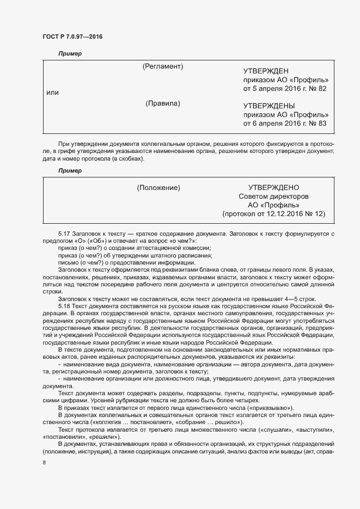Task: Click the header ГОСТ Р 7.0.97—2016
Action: (72, 37)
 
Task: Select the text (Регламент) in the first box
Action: (162, 66)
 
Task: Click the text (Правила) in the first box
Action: (163, 103)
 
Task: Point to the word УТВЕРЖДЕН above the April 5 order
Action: (266, 71)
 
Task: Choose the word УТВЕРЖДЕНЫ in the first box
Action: (269, 106)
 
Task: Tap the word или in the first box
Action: (52, 93)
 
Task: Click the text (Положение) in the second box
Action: (158, 188)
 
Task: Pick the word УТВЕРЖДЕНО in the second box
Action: (273, 188)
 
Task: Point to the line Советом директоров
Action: (273, 197)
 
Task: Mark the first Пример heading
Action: (70, 53)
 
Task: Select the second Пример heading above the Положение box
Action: (70, 170)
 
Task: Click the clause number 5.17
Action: (65, 233)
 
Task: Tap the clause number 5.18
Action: (65, 305)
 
